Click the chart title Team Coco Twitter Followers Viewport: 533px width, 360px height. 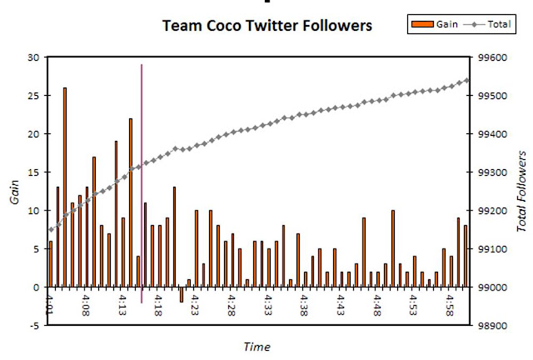click(267, 26)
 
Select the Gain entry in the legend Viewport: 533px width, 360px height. click(435, 24)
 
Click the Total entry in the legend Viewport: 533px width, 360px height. click(487, 24)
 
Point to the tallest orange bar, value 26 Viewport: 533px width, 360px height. click(65, 187)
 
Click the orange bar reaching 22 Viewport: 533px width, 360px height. click(131, 202)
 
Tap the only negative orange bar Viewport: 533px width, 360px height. click(182, 295)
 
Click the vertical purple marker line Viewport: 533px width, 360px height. click(142, 183)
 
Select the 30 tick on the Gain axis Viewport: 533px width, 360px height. click(33, 57)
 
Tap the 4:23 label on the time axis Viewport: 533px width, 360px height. click(194, 305)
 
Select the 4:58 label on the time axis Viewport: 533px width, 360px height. click(450, 305)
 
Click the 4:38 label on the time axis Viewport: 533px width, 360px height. click(304, 305)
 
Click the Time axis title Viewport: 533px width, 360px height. click(257, 347)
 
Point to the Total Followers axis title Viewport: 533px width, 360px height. click(521, 191)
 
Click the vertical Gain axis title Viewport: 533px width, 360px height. click(15, 192)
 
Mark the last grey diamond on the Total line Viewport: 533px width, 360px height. click(466, 80)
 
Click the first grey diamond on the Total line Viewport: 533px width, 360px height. click(51, 230)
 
